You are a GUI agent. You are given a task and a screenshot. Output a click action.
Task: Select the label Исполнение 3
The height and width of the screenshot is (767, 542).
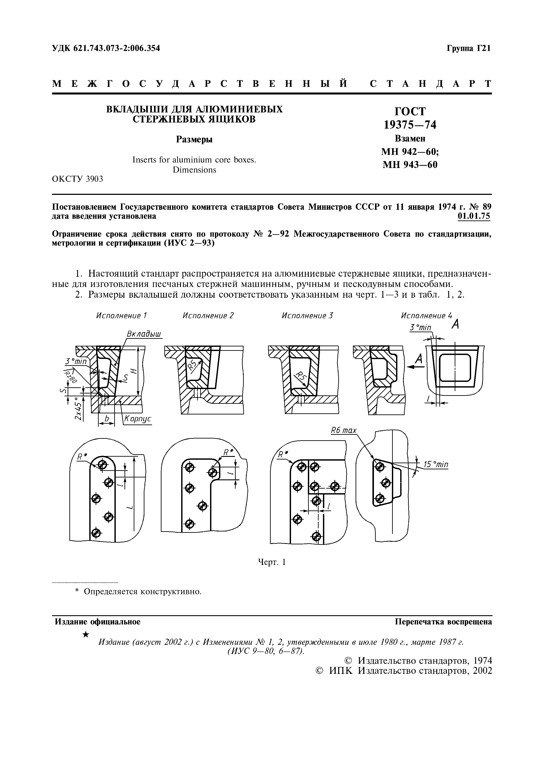[307, 316]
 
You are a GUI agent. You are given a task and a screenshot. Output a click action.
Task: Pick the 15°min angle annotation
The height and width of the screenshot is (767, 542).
[435, 465]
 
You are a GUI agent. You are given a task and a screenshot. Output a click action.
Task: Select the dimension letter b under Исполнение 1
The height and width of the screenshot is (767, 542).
[107, 419]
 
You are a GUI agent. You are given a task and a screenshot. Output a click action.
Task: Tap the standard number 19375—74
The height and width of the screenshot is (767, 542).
[410, 125]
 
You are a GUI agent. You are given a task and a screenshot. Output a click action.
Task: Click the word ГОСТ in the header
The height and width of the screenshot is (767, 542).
[410, 111]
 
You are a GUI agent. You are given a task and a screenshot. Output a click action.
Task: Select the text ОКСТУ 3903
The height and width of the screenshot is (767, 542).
[77, 179]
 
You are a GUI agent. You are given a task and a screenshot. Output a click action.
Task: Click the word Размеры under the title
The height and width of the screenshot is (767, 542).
[194, 140]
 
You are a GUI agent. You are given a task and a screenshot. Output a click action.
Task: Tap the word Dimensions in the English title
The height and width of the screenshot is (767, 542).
[194, 170]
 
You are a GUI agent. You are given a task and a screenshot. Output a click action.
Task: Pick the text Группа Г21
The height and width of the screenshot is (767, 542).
[469, 48]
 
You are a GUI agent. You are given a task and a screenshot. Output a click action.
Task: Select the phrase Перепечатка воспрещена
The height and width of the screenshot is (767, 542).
[443, 622]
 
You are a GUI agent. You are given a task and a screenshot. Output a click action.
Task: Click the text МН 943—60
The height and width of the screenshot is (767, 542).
[410, 165]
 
